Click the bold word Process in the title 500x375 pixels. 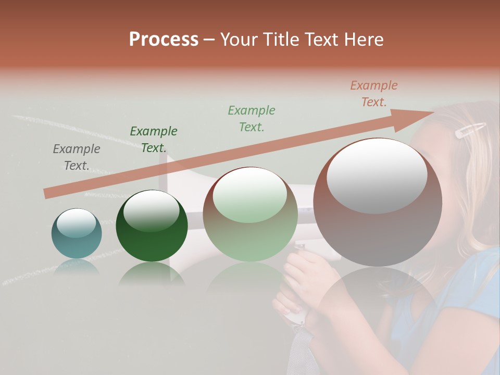pyautogui.click(x=164, y=40)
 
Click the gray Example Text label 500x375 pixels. pyautogui.click(x=76, y=157)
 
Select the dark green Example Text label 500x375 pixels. pyautogui.click(x=153, y=140)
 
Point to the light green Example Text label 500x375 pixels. pyautogui.click(x=252, y=118)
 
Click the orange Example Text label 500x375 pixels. pyautogui.click(x=373, y=94)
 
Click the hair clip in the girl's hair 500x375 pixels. pyautogui.click(x=470, y=130)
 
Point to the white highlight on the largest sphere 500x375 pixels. pyautogui.click(x=377, y=176)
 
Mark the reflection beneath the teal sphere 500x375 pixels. pyautogui.click(x=77, y=267)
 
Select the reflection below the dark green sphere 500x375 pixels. pyautogui.click(x=152, y=274)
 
